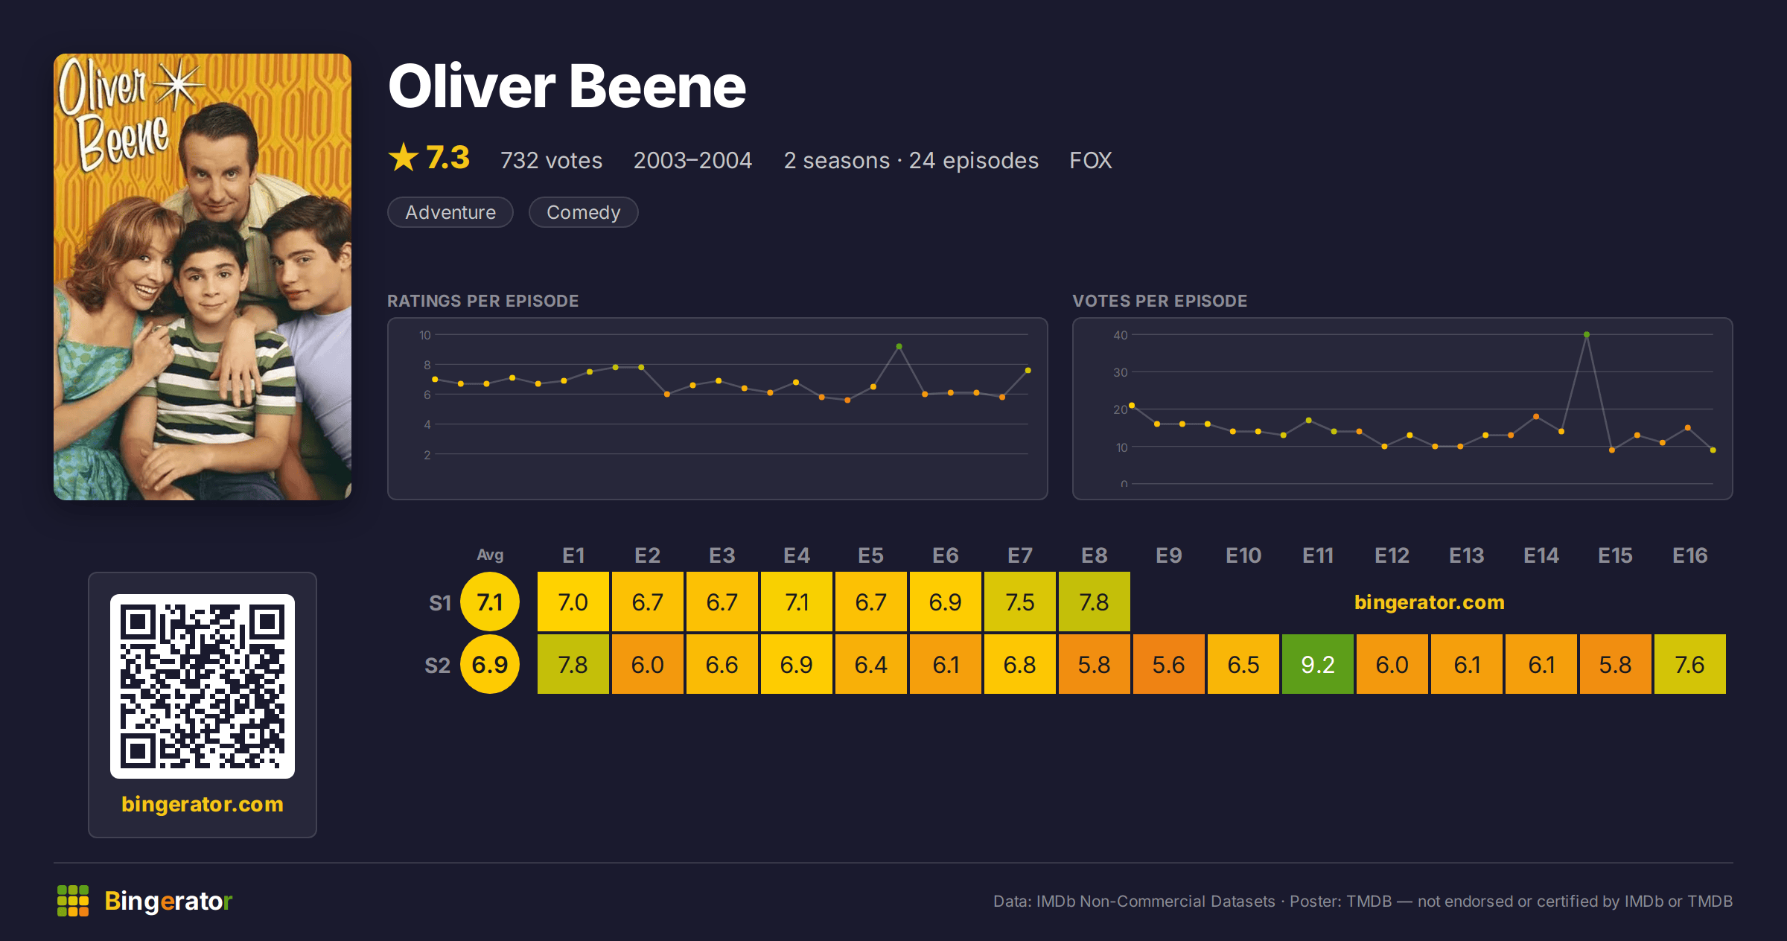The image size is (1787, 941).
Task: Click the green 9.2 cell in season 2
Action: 1317,664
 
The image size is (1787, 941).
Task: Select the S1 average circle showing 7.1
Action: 490,602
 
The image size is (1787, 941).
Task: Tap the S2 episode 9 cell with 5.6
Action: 1168,664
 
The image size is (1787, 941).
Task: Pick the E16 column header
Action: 1689,555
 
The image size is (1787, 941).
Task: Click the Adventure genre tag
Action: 450,212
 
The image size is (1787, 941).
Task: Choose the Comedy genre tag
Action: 583,212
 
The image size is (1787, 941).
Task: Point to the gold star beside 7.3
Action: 404,157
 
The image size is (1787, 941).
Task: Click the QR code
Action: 203,686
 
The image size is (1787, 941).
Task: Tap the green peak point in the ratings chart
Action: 899,347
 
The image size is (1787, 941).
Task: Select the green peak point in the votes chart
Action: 1587,335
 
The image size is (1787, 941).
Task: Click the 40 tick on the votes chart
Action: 1121,335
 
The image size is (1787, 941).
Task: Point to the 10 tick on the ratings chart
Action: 424,335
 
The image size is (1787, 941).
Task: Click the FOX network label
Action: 1091,160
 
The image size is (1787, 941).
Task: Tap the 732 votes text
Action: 551,160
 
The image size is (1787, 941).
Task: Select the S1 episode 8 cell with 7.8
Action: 1094,602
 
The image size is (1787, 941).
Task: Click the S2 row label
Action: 438,665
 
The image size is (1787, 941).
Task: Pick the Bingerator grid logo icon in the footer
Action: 73,901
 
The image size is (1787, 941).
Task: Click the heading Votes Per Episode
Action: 1159,301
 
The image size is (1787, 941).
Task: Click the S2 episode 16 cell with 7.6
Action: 1689,664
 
